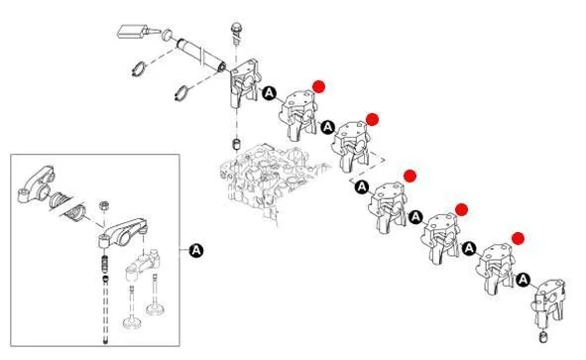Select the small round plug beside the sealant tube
click(x=168, y=35)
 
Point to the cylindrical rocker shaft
click(x=201, y=55)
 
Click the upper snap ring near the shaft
click(x=139, y=68)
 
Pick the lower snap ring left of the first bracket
click(x=181, y=92)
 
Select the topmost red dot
click(x=319, y=86)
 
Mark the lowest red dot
click(x=518, y=238)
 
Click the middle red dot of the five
click(x=410, y=176)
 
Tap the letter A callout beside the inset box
click(x=196, y=250)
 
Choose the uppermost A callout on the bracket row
click(x=269, y=93)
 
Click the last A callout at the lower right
click(x=524, y=280)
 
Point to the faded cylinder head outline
click(x=271, y=180)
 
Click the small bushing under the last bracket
click(x=543, y=336)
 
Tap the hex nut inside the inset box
click(x=104, y=206)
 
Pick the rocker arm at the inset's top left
click(x=37, y=184)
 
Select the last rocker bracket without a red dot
click(x=549, y=303)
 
